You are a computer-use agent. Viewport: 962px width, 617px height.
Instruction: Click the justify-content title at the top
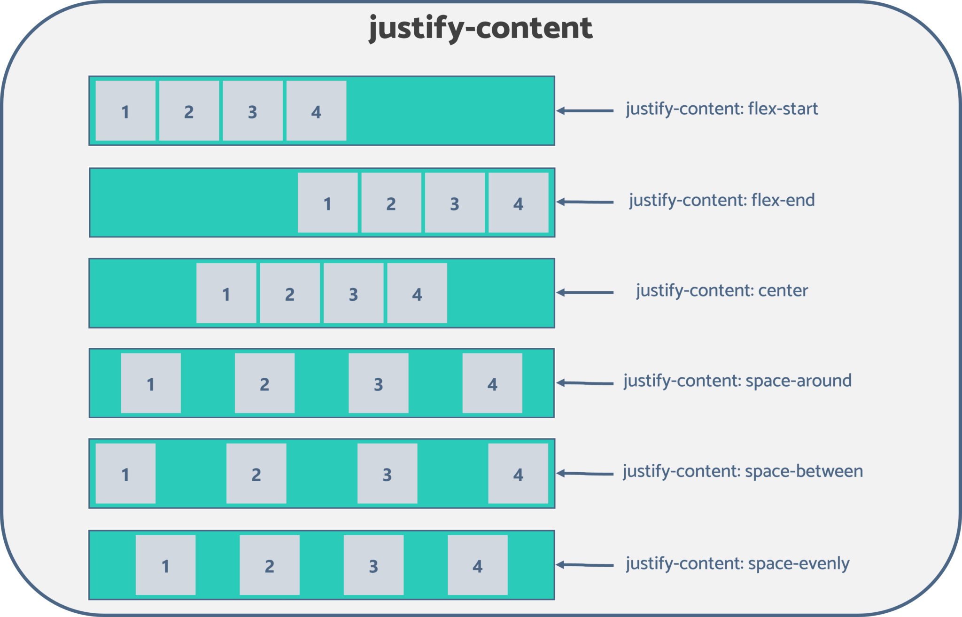[x=481, y=28]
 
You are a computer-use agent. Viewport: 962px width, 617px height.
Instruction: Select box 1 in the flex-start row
[x=125, y=111]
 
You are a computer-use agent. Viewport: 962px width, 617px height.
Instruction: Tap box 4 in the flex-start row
[x=316, y=111]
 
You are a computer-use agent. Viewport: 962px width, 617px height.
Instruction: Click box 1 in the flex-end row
[x=327, y=203]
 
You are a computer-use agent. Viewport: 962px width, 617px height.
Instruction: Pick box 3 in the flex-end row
[x=455, y=203]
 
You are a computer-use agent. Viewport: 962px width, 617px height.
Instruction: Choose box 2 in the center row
[x=290, y=293]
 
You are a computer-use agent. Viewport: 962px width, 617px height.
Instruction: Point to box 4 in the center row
[x=417, y=293]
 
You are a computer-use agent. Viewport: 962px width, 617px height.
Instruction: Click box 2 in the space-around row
[x=264, y=383]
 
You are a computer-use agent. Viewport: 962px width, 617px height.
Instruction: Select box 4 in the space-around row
[x=492, y=383]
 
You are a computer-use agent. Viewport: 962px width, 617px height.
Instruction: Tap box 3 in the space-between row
[x=387, y=474]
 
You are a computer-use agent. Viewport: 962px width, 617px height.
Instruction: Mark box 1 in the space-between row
[x=125, y=474]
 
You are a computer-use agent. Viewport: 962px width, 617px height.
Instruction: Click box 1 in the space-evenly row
[x=165, y=565]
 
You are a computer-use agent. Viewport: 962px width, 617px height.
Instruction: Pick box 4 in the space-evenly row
[x=477, y=565]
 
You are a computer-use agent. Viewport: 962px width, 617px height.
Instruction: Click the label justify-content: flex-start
[x=721, y=109]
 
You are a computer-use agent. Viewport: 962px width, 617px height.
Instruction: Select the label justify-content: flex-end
[x=722, y=201]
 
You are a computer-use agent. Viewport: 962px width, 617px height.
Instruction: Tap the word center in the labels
[x=783, y=291]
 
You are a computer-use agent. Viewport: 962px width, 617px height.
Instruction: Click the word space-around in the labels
[x=799, y=381]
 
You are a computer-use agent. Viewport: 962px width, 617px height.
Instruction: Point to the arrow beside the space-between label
[x=585, y=474]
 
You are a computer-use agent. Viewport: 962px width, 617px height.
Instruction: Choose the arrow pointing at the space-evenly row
[x=585, y=565]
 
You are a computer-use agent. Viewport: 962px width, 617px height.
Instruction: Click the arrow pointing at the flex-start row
[x=585, y=111]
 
